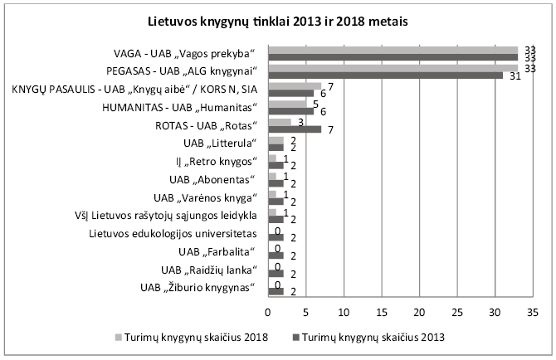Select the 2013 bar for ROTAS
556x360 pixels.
[x=294, y=129]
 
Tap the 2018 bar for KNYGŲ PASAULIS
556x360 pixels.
[x=295, y=85]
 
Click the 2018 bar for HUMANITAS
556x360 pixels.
[x=286, y=104]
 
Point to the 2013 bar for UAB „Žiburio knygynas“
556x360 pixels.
[x=276, y=290]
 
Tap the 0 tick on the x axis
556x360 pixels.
[x=268, y=313]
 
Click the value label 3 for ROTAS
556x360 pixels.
[x=300, y=122]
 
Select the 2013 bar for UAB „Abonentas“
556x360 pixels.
[x=276, y=182]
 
